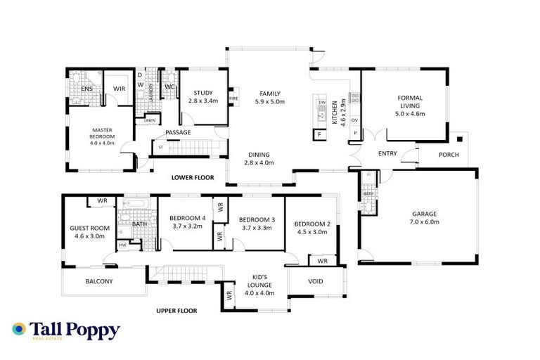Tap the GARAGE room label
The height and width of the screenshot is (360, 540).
coord(425,214)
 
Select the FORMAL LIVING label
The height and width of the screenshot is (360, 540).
coord(411,105)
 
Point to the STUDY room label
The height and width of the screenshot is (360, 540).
coord(202,93)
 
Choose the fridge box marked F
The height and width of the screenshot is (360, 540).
coord(320,134)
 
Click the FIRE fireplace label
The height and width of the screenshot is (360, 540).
coord(233,98)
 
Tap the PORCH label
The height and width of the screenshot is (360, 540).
coord(449,155)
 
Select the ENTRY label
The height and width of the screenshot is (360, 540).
coord(387,153)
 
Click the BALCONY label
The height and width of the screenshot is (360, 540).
coord(99,281)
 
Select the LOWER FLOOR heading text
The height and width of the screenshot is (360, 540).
coord(192,178)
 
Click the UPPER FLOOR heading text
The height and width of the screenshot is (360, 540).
coord(176,310)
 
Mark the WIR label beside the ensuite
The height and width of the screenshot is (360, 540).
coord(120,89)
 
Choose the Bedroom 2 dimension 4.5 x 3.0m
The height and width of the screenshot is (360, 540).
coord(313,232)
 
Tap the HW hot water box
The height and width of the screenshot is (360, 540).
coord(123,245)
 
